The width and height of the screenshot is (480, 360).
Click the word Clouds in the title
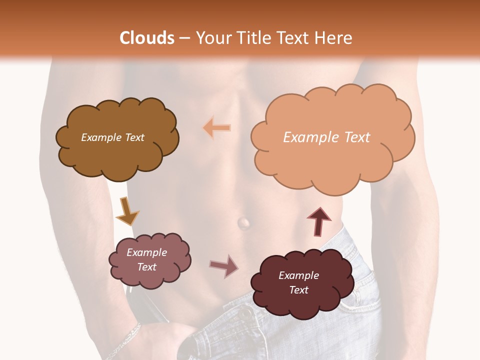[x=147, y=38]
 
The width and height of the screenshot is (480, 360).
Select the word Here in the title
[x=334, y=38]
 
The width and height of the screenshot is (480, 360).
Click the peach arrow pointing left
[x=217, y=127]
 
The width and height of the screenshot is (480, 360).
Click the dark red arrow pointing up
[x=318, y=221]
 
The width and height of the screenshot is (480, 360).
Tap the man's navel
[x=243, y=222]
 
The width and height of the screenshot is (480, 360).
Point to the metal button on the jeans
[x=245, y=314]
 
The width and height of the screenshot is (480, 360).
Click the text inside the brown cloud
[x=112, y=137]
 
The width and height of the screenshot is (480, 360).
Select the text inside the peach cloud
[x=326, y=137]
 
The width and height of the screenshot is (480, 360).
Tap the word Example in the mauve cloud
[x=146, y=252]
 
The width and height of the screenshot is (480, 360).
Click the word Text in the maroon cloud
[x=298, y=290]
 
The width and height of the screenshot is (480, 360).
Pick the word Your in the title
[x=210, y=38]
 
